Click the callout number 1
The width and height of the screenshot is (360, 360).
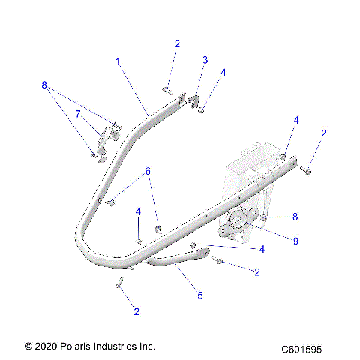[118, 59]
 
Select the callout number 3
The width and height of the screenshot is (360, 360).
[205, 59]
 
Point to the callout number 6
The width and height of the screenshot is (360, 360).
[148, 172]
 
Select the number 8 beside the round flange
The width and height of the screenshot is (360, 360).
[295, 216]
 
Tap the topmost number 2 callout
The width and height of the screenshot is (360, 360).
[177, 44]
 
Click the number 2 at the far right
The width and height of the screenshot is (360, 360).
[323, 133]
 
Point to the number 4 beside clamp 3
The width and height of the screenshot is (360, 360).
[223, 73]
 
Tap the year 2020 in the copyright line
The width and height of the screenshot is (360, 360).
[46, 346]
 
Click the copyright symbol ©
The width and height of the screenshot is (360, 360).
[28, 346]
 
